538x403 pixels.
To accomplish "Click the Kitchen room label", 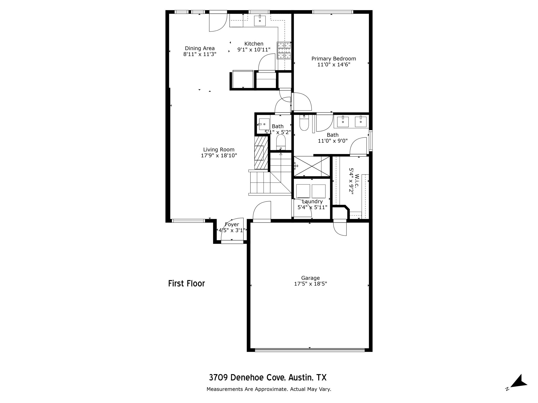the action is [x=254, y=44].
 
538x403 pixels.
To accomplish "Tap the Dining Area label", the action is [x=200, y=48].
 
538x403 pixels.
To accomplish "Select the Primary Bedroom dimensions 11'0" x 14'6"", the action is [x=334, y=65].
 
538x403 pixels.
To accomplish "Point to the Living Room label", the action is [x=219, y=150].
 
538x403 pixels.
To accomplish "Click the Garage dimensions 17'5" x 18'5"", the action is [x=311, y=284].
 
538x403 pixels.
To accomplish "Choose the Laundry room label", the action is [x=312, y=201].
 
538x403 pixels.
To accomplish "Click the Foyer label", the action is [x=232, y=225].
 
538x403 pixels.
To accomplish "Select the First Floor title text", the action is [x=187, y=284].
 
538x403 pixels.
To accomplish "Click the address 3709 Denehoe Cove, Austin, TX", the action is [x=268, y=378].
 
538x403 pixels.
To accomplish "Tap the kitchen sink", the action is [x=260, y=21].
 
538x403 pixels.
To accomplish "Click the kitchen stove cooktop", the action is [x=284, y=50].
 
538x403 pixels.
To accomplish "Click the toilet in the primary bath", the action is [x=304, y=123].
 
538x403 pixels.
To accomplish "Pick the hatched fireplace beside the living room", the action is [x=261, y=153].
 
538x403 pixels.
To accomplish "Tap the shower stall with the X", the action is [x=312, y=166].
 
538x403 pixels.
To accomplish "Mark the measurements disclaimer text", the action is [x=269, y=389].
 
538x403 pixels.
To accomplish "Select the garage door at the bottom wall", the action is [x=310, y=350].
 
